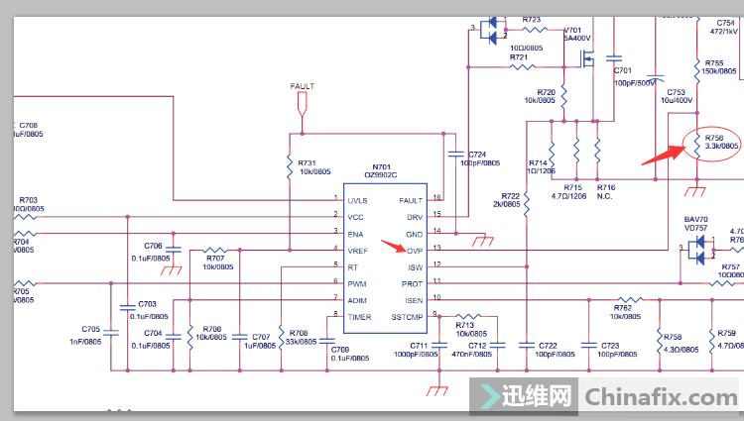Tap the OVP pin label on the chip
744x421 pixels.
click(416, 251)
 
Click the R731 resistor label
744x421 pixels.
click(308, 162)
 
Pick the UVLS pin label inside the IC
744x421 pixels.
click(357, 200)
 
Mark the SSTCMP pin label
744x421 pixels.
click(409, 316)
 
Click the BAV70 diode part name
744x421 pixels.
click(698, 219)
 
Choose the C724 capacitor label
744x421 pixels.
click(478, 155)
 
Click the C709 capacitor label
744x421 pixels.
click(340, 350)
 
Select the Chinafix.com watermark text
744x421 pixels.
click(661, 397)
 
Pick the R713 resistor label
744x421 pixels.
click(466, 324)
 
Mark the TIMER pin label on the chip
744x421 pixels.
click(359, 316)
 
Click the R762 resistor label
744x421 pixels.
click(623, 308)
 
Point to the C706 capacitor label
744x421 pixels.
click(153, 245)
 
